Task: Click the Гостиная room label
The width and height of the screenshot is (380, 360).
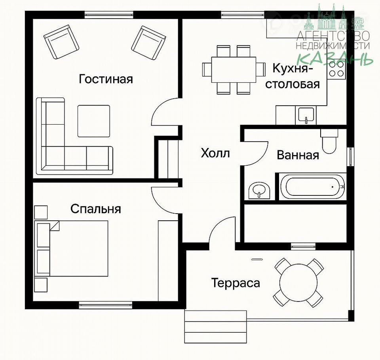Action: [x=106, y=80]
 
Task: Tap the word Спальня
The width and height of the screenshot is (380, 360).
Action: [x=96, y=209]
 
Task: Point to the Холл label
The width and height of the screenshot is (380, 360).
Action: [x=215, y=153]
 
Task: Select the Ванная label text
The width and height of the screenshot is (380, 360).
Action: [x=298, y=155]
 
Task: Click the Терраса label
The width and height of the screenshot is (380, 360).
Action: [x=236, y=283]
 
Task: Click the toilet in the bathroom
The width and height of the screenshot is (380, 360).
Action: [x=329, y=141]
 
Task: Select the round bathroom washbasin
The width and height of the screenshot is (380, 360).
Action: [x=259, y=191]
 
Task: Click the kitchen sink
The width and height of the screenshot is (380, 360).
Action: [x=306, y=115]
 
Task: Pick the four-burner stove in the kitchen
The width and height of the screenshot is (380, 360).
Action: [x=336, y=69]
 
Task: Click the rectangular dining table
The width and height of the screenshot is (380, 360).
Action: [x=234, y=70]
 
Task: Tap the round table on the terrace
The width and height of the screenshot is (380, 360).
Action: [x=298, y=283]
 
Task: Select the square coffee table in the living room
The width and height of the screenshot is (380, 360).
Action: [x=94, y=121]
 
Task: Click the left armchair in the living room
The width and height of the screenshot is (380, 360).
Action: [x=61, y=42]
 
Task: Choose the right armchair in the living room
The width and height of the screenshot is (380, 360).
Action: [x=149, y=43]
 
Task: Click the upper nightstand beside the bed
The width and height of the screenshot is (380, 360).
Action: [x=41, y=212]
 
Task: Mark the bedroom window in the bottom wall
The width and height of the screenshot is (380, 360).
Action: [x=105, y=305]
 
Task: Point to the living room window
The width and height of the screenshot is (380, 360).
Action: [x=109, y=15]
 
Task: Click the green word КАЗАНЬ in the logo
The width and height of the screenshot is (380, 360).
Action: [x=335, y=59]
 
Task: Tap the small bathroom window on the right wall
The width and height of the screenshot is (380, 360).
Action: [x=350, y=157]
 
